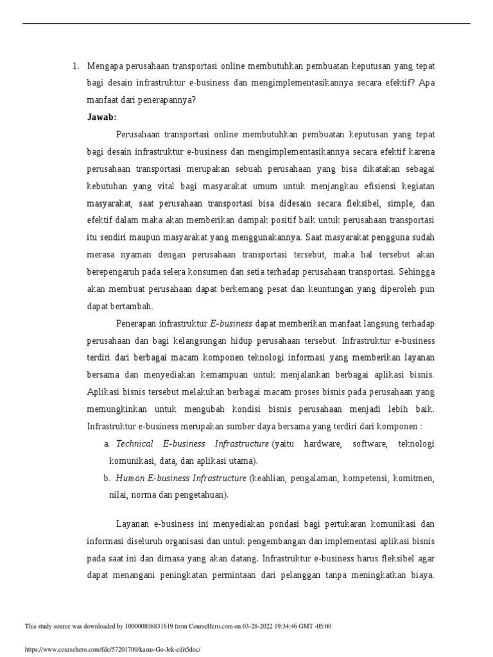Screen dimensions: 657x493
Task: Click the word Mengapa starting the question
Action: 107,66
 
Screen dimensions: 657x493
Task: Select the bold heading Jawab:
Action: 101,117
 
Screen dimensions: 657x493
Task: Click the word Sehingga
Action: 415,272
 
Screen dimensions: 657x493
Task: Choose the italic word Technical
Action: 134,443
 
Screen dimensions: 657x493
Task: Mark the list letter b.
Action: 107,478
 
